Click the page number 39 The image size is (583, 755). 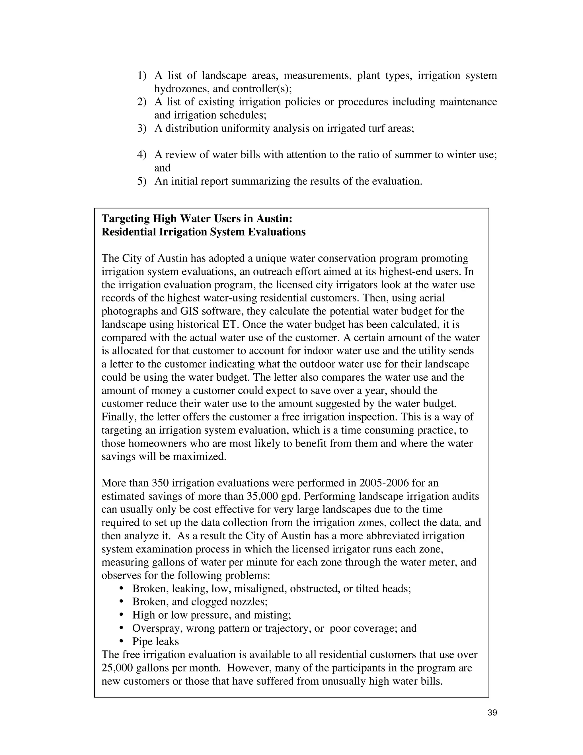click(x=492, y=713)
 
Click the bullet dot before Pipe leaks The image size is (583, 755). click(x=121, y=641)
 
